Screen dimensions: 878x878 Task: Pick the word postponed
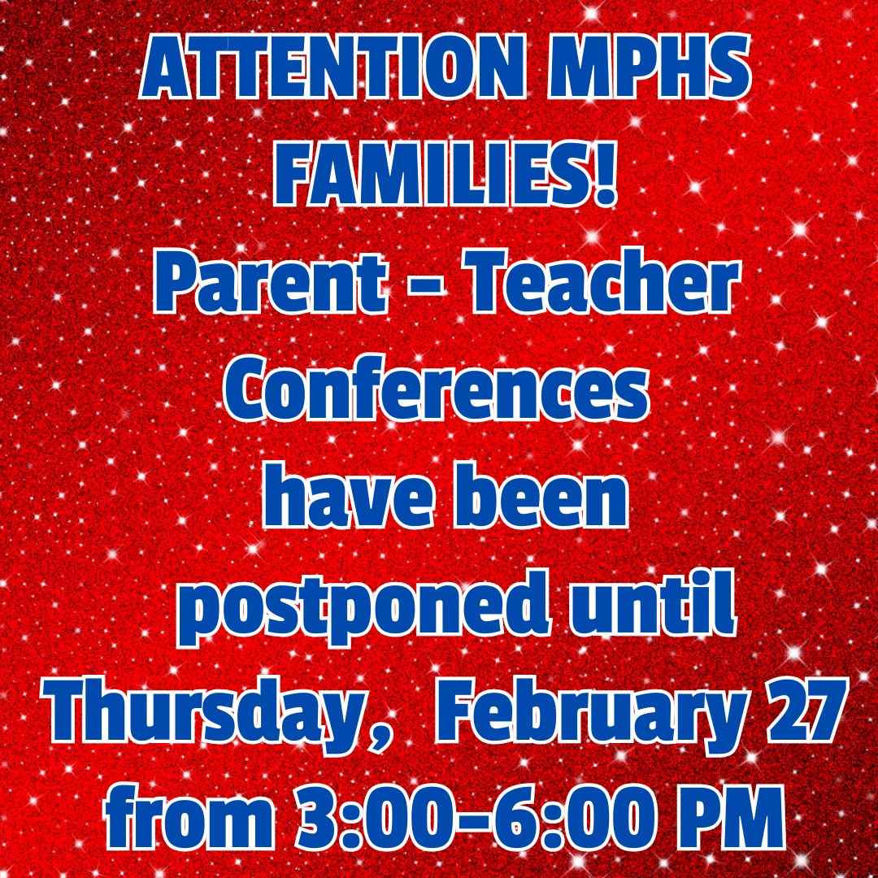click(x=354, y=606)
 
